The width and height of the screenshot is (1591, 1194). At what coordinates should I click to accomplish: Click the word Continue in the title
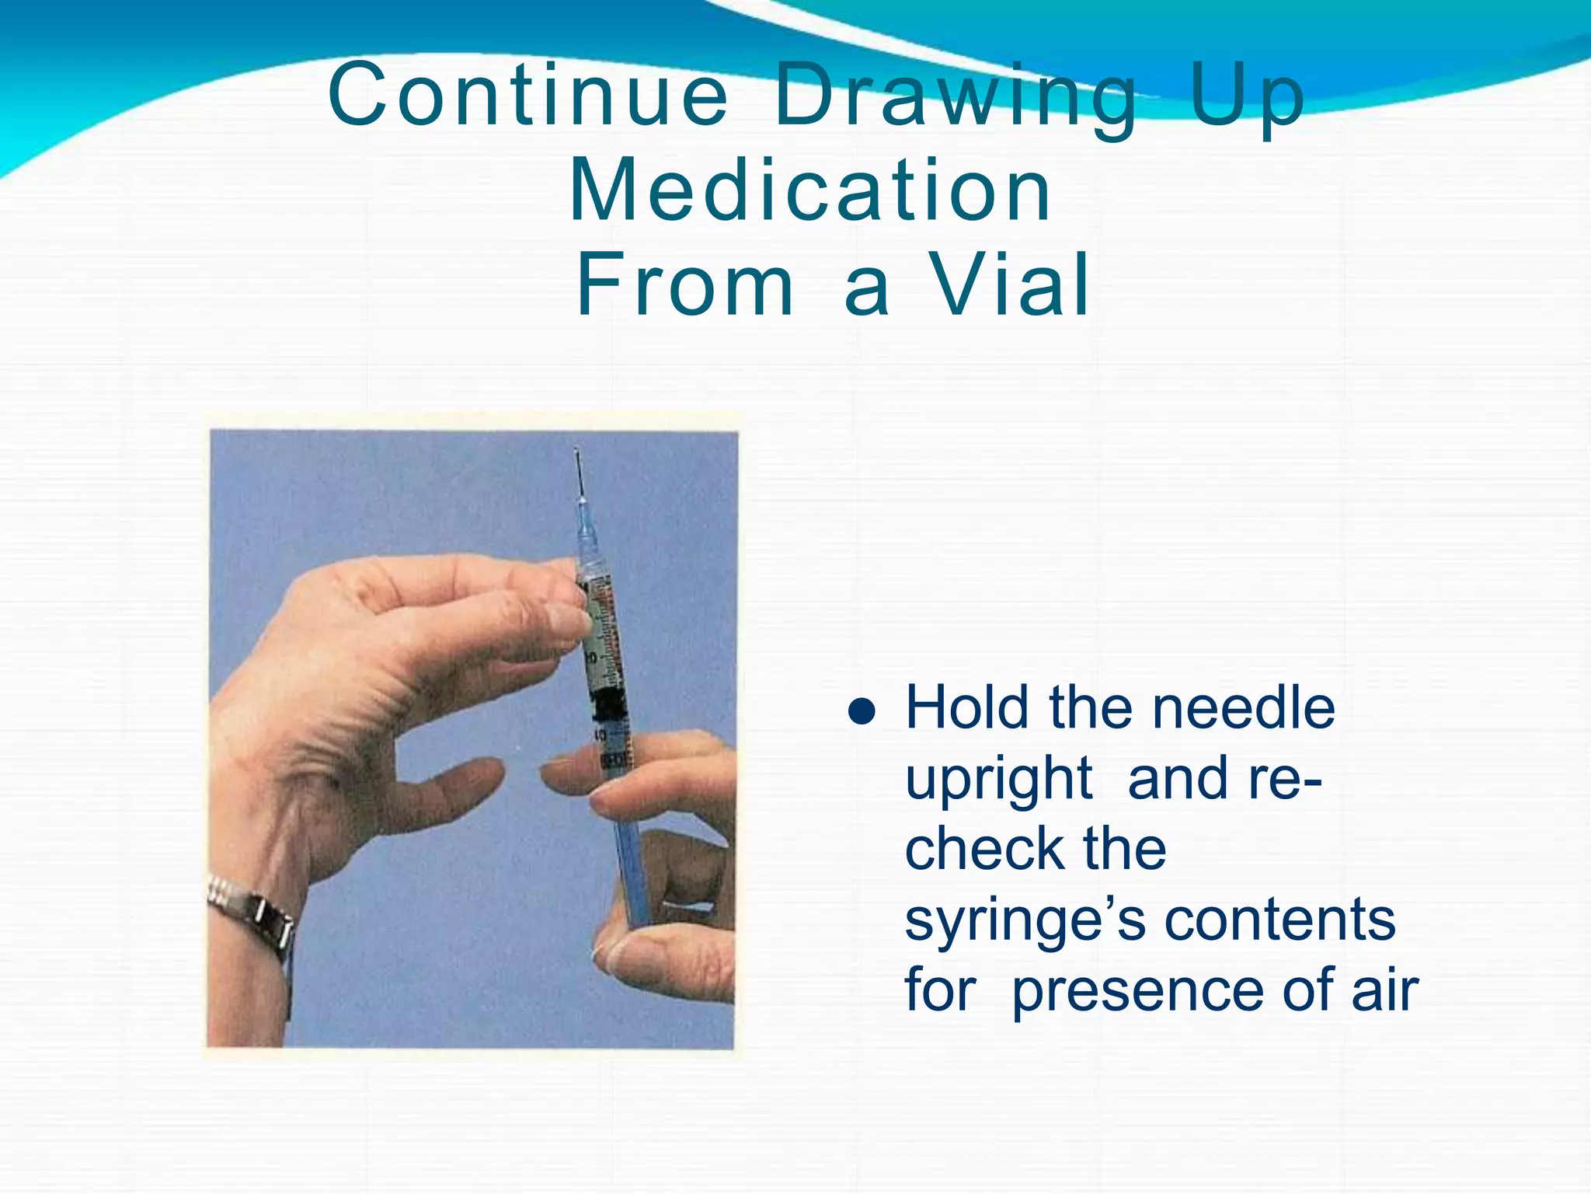pyautogui.click(x=528, y=97)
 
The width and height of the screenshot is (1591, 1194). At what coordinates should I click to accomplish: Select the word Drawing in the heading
pyautogui.click(x=956, y=101)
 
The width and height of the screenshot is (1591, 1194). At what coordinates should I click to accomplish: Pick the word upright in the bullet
pyautogui.click(x=999, y=780)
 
